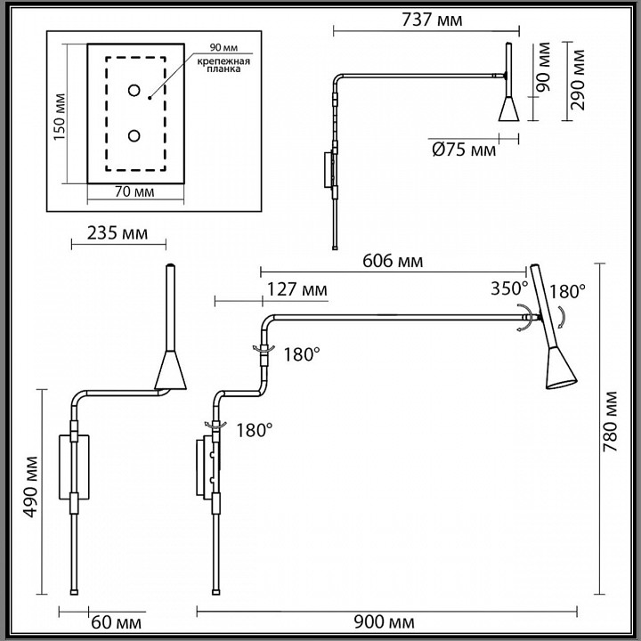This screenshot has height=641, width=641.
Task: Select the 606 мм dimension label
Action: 393,261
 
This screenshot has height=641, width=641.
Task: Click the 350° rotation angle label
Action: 509,288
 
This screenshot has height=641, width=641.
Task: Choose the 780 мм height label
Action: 611,426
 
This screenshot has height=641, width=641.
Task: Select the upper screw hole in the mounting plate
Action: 134,90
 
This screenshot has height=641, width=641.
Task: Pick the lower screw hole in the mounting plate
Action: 134,135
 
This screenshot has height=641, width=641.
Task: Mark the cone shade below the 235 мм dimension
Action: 169,373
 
